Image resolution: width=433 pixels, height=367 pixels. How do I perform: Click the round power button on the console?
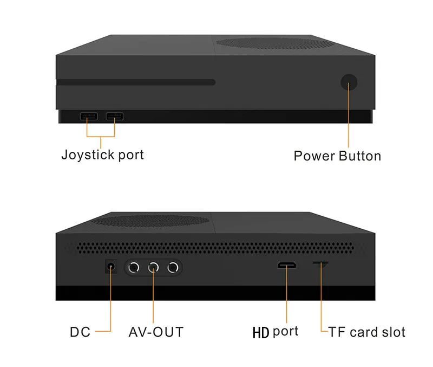349,82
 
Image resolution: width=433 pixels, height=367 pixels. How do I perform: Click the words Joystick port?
102,154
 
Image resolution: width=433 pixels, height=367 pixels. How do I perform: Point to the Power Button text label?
337,156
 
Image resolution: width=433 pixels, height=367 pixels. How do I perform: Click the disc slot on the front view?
135,82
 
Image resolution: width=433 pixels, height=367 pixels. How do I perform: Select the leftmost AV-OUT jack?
135,267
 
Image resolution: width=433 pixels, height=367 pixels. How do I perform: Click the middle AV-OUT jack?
154,267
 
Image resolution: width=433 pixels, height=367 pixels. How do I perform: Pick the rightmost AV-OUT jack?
173,267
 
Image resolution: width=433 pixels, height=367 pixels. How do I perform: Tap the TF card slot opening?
320,264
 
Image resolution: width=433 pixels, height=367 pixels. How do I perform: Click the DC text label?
80,331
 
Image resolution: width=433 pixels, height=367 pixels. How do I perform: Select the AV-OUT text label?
156,331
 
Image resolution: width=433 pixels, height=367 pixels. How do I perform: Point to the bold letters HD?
261,332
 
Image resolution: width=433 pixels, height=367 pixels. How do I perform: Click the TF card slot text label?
366,331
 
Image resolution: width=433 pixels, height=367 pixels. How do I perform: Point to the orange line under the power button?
349,119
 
